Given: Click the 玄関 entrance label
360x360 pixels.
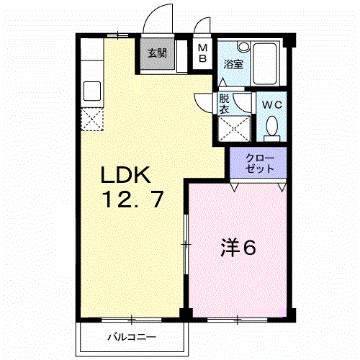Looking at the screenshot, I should coord(157,53).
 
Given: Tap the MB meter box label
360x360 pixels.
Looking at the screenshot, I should coord(202,53).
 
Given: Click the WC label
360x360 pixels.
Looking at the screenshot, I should coord(272,104).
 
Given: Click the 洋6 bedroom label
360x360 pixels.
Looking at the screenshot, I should coord(238,248).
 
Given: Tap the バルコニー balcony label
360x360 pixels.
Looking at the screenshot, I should coord(132,336).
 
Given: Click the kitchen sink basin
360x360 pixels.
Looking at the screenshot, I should coord(93,91).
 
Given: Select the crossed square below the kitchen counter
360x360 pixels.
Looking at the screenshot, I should coord(93,120).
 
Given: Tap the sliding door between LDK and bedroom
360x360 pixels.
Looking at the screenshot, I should coord(186,246).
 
